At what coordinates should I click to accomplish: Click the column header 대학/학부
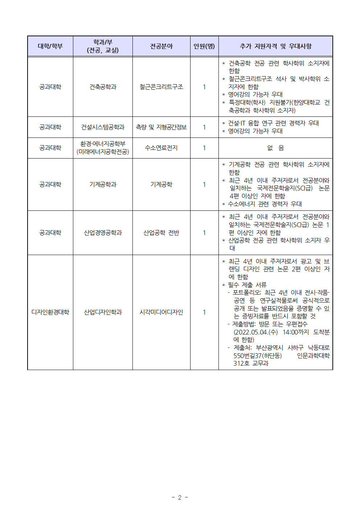click(x=50, y=46)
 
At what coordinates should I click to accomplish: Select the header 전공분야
click(x=161, y=46)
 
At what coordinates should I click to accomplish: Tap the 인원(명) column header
click(x=204, y=46)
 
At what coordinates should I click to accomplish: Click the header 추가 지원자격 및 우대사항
click(x=275, y=46)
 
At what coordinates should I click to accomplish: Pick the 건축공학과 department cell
click(x=103, y=87)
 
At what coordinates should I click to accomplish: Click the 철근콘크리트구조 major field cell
click(x=161, y=87)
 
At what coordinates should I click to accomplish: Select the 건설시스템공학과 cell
click(x=103, y=127)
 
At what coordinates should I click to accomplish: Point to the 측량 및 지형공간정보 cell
click(x=161, y=127)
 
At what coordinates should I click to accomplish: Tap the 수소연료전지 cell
click(x=161, y=148)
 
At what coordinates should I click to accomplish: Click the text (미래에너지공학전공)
click(x=103, y=152)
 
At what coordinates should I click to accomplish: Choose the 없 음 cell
click(x=275, y=148)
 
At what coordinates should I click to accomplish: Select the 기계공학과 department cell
click(x=103, y=184)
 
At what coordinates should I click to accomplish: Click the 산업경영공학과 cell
click(x=103, y=233)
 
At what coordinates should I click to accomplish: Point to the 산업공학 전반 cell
click(x=161, y=233)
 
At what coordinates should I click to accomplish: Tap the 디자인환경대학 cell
click(x=50, y=312)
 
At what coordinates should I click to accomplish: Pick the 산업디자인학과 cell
click(x=103, y=312)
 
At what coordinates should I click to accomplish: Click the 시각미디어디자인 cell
click(x=161, y=312)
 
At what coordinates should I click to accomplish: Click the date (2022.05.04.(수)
click(x=255, y=332)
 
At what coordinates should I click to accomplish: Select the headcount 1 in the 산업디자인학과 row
click(x=204, y=312)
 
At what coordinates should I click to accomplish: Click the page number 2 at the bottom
click(x=180, y=497)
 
